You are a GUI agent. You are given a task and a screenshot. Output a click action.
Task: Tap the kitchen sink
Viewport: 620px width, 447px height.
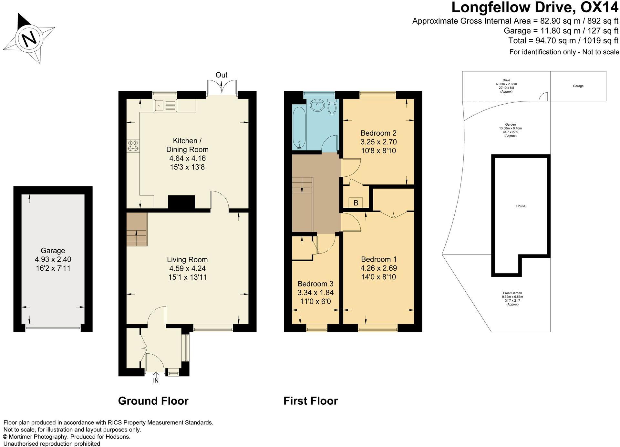[x=165, y=106]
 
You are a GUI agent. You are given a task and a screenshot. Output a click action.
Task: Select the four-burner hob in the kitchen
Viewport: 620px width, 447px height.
[x=133, y=145]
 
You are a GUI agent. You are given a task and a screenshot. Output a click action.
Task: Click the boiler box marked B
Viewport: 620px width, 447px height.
[x=356, y=203]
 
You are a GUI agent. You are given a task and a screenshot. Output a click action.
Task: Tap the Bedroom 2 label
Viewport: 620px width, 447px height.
[x=378, y=133]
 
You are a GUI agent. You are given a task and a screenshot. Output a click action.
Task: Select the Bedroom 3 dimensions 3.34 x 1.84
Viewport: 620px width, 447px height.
[x=315, y=293]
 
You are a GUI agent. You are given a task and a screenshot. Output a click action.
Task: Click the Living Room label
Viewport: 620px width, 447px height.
[x=187, y=260]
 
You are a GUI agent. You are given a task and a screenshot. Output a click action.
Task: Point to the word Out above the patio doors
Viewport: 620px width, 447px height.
[x=222, y=75]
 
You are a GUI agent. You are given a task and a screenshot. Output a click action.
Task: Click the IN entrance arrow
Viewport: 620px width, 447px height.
[x=156, y=375]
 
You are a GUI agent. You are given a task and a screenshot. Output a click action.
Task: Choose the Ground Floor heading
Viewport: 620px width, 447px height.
[x=153, y=401]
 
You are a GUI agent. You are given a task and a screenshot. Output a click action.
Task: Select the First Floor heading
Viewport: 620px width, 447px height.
[x=311, y=401]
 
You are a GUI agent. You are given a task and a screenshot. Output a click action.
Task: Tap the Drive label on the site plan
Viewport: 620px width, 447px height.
[x=506, y=80]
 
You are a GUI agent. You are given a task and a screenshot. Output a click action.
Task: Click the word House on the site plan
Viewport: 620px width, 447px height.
[x=521, y=206]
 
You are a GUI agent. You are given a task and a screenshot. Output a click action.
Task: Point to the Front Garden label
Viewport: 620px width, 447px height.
[x=512, y=293]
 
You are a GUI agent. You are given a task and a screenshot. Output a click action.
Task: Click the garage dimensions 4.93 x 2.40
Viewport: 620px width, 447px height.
[x=53, y=259]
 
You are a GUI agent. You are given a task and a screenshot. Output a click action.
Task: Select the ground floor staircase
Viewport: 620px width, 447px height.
[x=137, y=229]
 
